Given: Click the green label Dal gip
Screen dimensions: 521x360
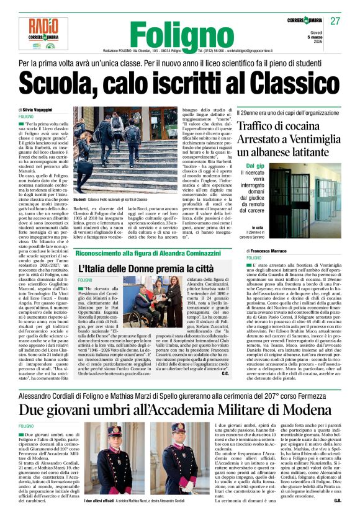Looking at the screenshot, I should click(x=255, y=166).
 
